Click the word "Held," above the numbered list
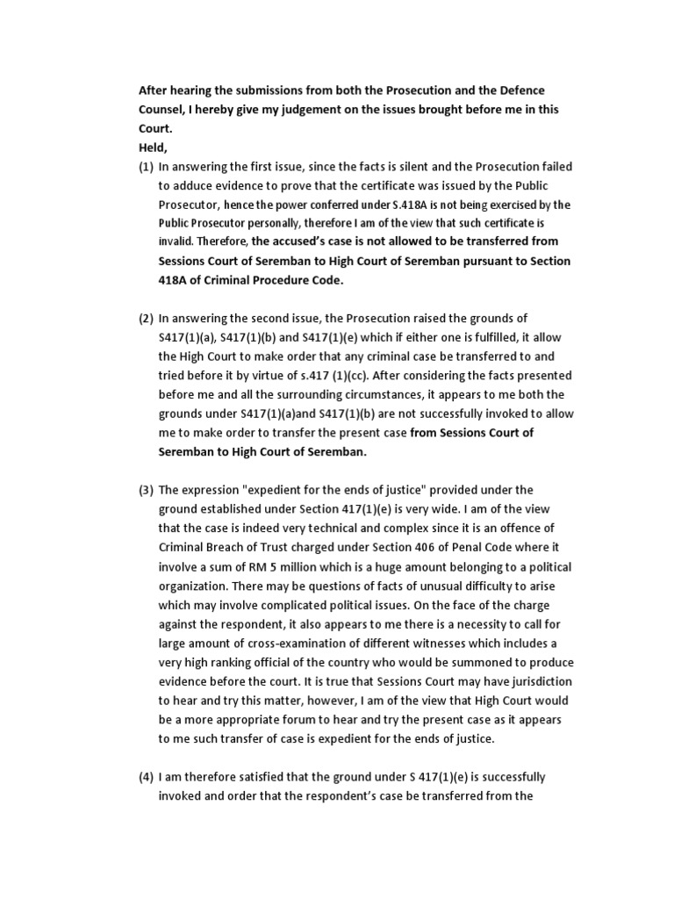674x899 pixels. click(x=154, y=147)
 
